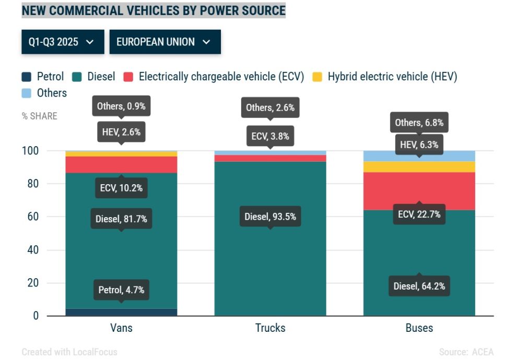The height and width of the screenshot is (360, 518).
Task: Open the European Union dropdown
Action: pyautogui.click(x=164, y=42)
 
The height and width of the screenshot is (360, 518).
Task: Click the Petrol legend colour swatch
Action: pyautogui.click(x=27, y=77)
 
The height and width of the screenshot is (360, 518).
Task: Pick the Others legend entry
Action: pyautogui.click(x=52, y=93)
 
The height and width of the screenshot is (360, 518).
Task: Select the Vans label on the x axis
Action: pyautogui.click(x=121, y=328)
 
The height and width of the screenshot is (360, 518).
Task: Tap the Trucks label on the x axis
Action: pyautogui.click(x=270, y=328)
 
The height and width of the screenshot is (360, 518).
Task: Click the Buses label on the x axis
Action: pyautogui.click(x=419, y=328)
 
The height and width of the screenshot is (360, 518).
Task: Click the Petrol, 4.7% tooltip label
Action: pyautogui.click(x=121, y=290)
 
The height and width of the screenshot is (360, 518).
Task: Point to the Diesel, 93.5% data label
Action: pyautogui.click(x=270, y=216)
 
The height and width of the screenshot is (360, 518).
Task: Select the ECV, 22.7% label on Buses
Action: pyautogui.click(x=419, y=214)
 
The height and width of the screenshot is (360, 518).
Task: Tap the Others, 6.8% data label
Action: pyautogui.click(x=419, y=123)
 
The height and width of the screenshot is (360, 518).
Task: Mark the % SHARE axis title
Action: pyautogui.click(x=40, y=116)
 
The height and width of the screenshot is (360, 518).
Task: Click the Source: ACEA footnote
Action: pyautogui.click(x=466, y=352)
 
